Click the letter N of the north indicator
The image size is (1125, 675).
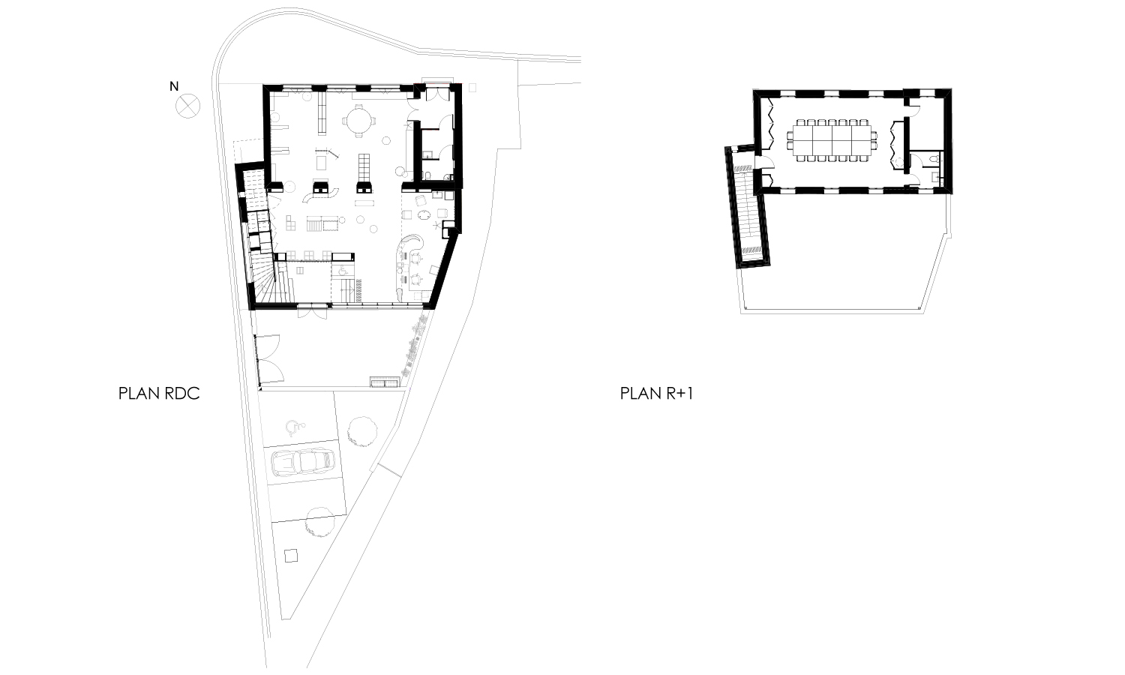click(174, 86)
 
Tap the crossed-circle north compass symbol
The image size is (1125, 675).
click(187, 106)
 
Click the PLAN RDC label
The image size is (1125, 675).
click(159, 393)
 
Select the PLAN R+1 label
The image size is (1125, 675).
click(656, 393)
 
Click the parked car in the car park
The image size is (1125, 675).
click(303, 463)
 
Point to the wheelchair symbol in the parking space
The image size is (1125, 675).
click(295, 427)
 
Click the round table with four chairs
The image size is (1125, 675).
click(358, 121)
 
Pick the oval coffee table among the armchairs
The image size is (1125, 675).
click(424, 215)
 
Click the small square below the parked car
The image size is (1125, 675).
click(291, 556)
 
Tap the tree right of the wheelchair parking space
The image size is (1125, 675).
click(362, 431)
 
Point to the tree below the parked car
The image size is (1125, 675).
click(320, 522)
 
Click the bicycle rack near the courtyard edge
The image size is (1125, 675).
click(385, 382)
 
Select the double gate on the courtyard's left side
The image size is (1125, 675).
click(270, 358)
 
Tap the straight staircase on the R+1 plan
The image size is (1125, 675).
click(747, 211)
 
